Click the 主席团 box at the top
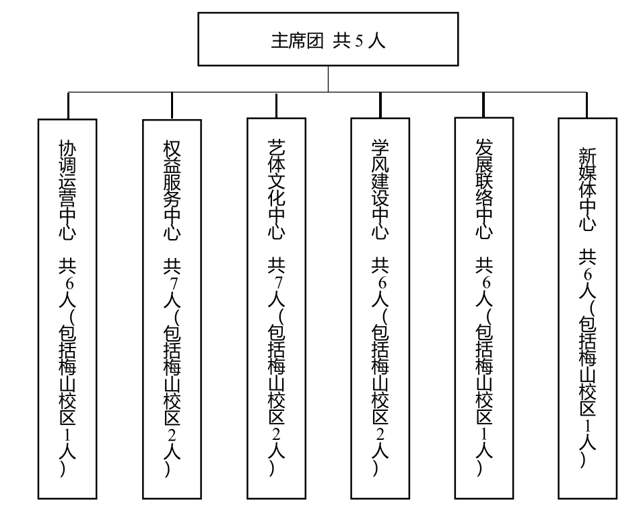coord(327,41)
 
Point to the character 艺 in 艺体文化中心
coord(276,147)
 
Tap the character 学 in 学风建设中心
coord(380,147)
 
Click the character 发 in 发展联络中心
coord(484,145)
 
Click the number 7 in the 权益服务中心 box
coord(172,282)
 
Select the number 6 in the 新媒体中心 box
coord(588,275)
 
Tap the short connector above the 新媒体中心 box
coord(588,104)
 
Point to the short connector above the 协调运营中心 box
coord(68,105)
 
